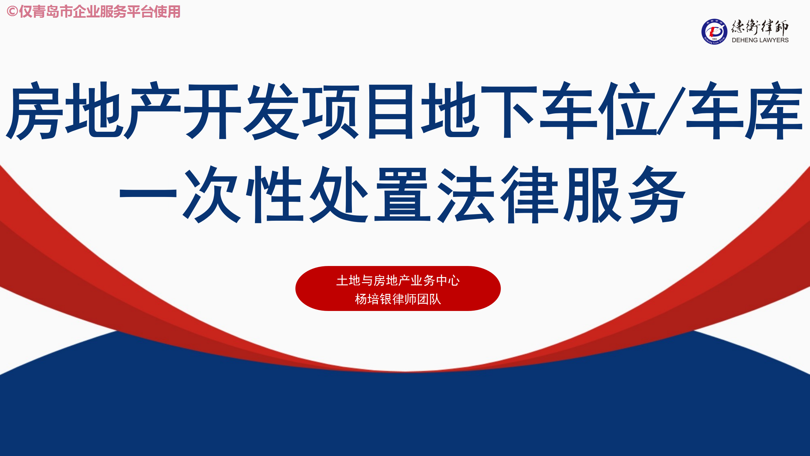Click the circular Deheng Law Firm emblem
[x=714, y=32]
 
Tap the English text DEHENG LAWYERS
[x=760, y=40]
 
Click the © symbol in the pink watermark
[x=12, y=12]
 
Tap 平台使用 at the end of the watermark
[x=153, y=12]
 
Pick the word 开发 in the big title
[x=242, y=111]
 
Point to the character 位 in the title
[x=628, y=111]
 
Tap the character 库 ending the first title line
[x=774, y=111]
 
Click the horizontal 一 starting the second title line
[x=148, y=193]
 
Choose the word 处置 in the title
[x=370, y=194]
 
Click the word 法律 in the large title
[x=497, y=194]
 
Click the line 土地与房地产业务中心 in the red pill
[x=398, y=281]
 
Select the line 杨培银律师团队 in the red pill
[x=398, y=299]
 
